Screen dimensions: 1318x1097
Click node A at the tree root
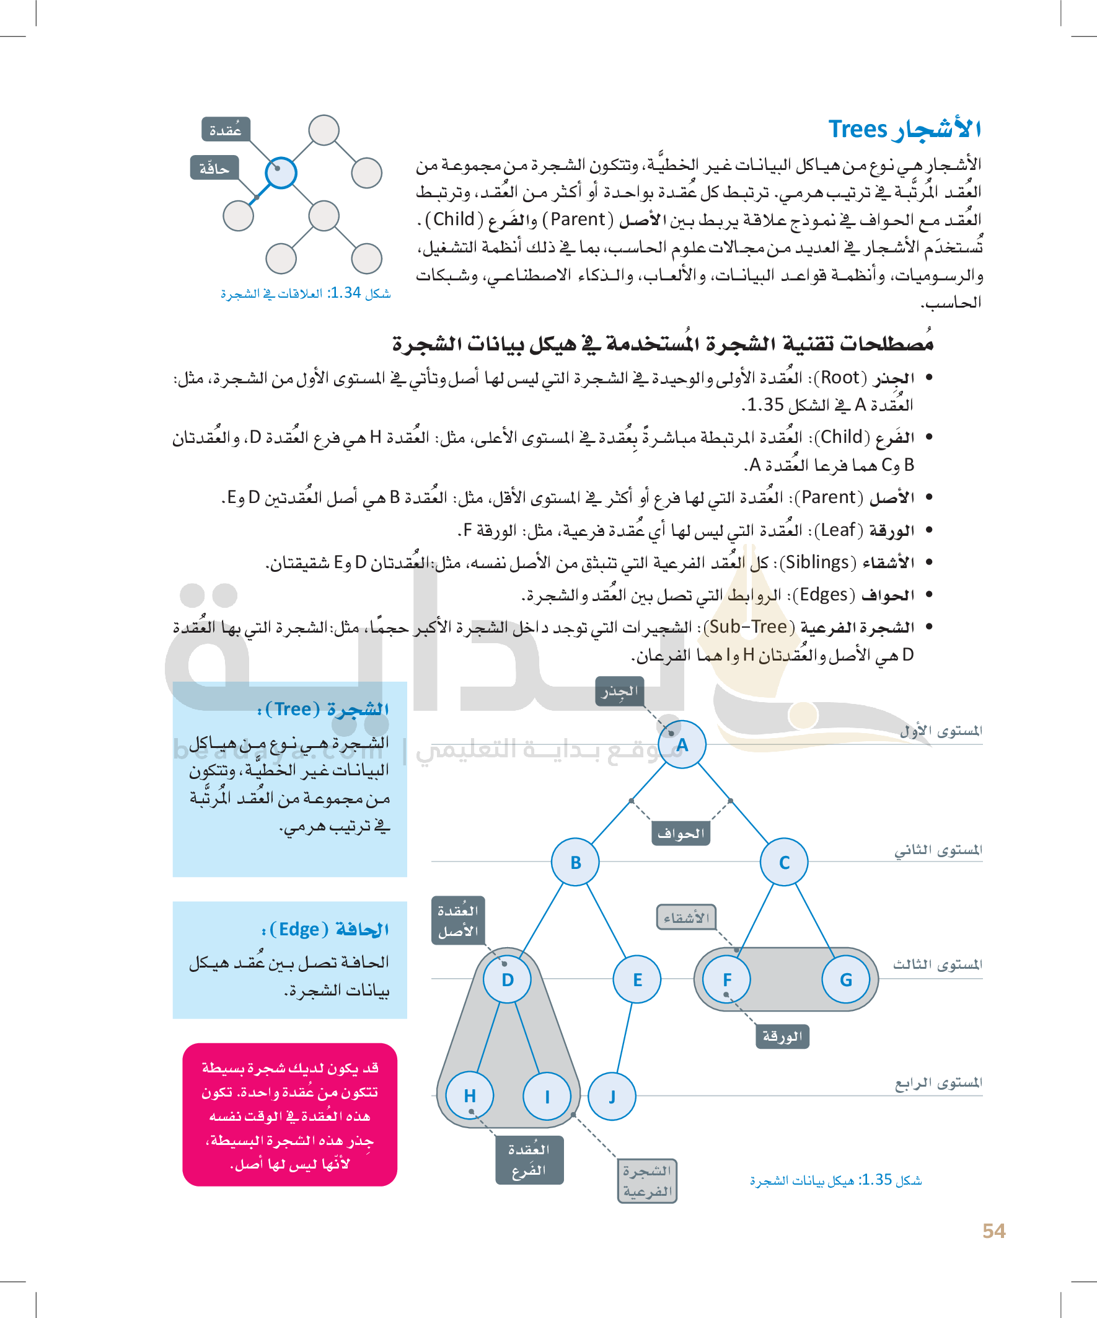click(x=682, y=744)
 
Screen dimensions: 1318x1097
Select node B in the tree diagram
click(x=575, y=862)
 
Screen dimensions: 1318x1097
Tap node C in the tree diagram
click(x=784, y=862)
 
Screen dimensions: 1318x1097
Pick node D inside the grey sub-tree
click(x=508, y=979)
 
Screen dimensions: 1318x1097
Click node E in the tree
click(x=637, y=979)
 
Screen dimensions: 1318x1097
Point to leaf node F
click(x=727, y=979)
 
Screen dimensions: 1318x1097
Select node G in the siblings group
click(x=845, y=979)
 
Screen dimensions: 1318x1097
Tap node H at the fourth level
click(x=470, y=1096)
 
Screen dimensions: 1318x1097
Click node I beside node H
click(x=547, y=1097)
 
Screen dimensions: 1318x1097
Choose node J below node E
click(x=612, y=1097)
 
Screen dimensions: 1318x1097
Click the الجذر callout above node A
click(x=620, y=691)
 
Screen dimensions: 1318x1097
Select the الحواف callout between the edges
click(x=681, y=834)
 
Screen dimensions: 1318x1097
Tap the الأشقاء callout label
click(x=686, y=917)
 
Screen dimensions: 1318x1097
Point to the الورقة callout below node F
click(x=782, y=1036)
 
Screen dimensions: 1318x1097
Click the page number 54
click(x=993, y=1231)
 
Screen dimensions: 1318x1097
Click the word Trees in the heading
click(x=857, y=128)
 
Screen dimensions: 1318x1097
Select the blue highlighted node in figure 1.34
click(x=280, y=172)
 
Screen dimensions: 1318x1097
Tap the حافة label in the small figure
click(x=214, y=168)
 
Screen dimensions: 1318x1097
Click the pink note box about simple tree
click(x=290, y=1115)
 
